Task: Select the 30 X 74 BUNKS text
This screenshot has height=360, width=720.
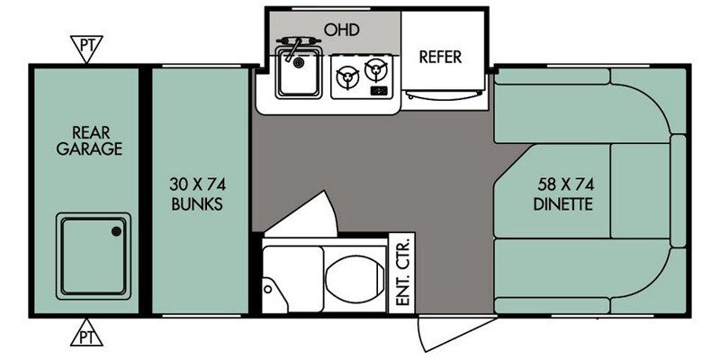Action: (197, 193)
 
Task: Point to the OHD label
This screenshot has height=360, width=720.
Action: (341, 30)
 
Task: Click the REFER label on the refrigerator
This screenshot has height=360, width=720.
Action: (440, 58)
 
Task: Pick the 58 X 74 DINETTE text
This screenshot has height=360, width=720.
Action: (563, 194)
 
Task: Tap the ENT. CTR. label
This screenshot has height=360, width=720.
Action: (401, 274)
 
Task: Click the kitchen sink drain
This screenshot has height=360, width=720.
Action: (300, 61)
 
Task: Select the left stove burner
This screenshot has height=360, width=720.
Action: (347, 76)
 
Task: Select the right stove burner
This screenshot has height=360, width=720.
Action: (376, 70)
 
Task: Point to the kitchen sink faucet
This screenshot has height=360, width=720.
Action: (292, 48)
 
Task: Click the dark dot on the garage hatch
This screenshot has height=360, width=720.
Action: (116, 232)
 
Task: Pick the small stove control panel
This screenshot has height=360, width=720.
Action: (379, 91)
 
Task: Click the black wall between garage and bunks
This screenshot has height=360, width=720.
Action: (145, 192)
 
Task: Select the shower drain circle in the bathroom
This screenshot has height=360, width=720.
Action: (267, 288)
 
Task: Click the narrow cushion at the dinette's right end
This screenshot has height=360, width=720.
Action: (678, 191)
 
